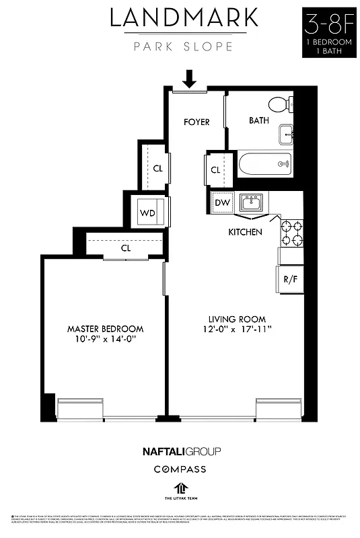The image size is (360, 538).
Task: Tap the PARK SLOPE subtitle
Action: pos(183,46)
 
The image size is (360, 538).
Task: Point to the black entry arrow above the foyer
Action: pos(189,79)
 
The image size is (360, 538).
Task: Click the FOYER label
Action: pos(196,122)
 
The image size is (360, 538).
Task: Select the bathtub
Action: pos(265,163)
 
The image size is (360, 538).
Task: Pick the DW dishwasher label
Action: pos(221,202)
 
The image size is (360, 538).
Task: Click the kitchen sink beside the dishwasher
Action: pos(253,202)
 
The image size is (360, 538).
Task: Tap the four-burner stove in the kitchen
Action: pos(291,233)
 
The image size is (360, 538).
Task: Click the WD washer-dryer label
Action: pos(147,213)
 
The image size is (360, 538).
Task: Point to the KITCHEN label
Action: pos(245,232)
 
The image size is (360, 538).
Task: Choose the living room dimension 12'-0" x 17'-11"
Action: pos(237,330)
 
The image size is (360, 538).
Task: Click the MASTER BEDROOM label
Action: pos(105,329)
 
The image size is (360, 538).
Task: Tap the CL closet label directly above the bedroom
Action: pos(125,247)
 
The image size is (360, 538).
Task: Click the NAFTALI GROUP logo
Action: pos(180,451)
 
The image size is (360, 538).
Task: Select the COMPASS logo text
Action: pos(180,469)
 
